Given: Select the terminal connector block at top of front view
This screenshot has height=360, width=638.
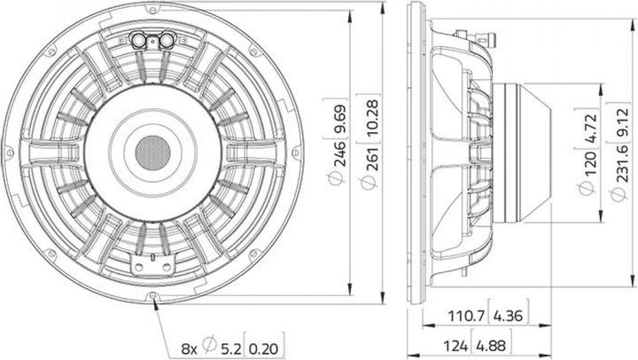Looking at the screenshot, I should (x=151, y=39).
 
